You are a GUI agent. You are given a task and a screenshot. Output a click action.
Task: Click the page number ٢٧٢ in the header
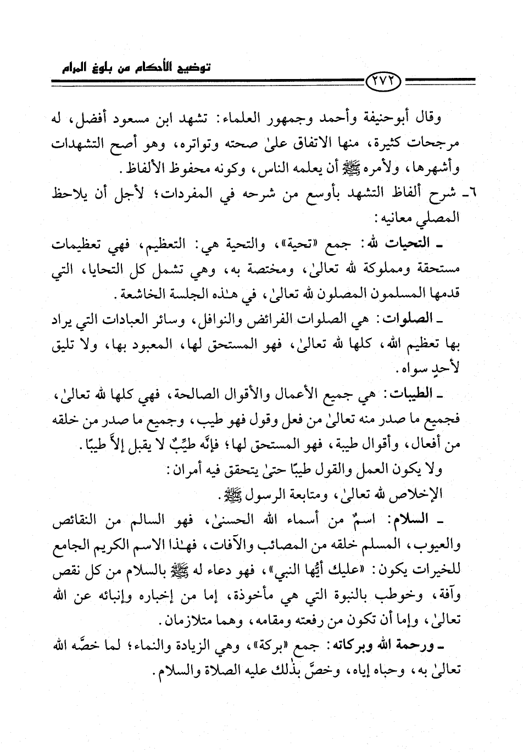[x=383, y=82]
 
